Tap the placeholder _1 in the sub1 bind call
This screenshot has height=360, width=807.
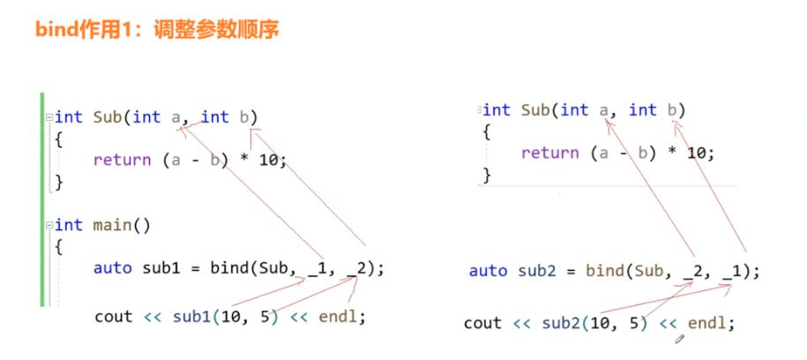[318, 268]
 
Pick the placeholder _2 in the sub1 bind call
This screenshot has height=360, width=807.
[357, 268]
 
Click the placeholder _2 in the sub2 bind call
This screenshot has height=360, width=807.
[692, 271]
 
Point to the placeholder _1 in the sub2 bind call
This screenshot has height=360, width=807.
[731, 271]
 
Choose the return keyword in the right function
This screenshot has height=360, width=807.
[549, 153]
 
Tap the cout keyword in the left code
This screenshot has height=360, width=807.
[113, 316]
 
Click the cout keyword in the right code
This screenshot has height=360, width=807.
[482, 323]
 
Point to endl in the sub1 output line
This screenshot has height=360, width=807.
[339, 316]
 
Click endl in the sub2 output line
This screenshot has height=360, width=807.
[707, 323]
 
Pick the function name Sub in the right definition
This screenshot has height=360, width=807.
[535, 109]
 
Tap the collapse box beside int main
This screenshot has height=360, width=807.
[49, 225]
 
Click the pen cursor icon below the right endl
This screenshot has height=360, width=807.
[680, 337]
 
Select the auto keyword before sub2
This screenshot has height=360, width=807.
[488, 271]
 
